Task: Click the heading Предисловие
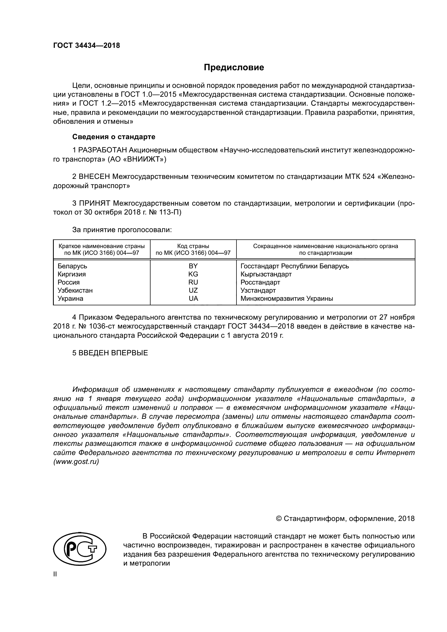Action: tap(234, 68)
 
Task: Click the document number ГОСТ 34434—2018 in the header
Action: tap(86, 46)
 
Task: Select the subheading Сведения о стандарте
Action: tap(114, 137)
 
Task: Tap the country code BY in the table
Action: tap(193, 266)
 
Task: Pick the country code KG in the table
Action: tap(193, 274)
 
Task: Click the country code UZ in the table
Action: tap(193, 290)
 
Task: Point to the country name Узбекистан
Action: tap(75, 290)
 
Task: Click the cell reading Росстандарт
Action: tap(260, 282)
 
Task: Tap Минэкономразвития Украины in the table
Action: tap(286, 299)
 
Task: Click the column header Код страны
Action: tap(193, 246)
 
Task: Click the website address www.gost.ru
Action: tap(76, 462)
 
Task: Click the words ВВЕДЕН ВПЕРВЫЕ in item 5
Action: tap(113, 353)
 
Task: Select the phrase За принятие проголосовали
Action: tap(122, 230)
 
